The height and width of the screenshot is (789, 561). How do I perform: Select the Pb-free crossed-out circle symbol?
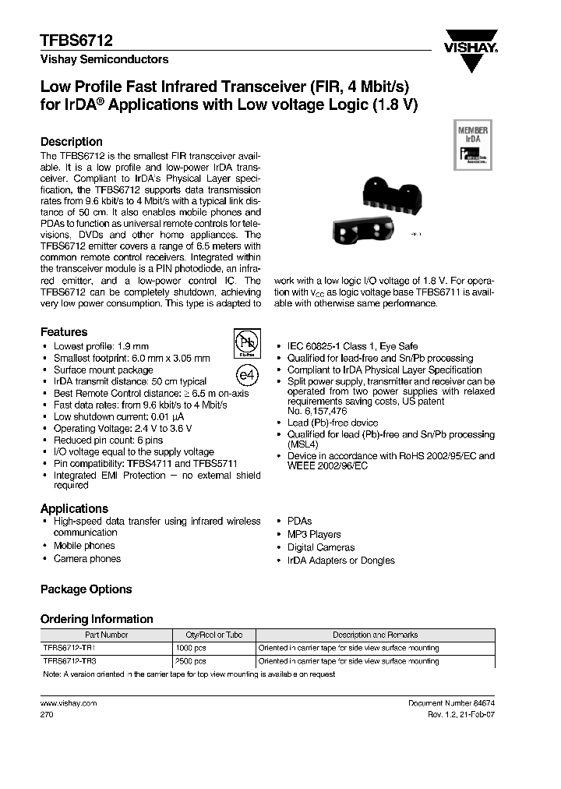click(246, 343)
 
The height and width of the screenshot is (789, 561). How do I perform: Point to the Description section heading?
click(71, 142)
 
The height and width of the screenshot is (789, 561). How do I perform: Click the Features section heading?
click(64, 332)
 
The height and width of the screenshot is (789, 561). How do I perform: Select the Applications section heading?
click(74, 509)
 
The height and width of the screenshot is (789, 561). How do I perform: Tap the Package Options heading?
click(86, 589)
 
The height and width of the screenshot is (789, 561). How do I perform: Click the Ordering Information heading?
click(97, 619)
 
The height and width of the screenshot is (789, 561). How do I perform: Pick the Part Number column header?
click(106, 635)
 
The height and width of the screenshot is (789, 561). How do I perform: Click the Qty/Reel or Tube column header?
click(212, 635)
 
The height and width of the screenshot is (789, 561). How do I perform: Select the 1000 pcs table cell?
click(192, 648)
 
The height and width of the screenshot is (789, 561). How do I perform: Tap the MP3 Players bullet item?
click(313, 534)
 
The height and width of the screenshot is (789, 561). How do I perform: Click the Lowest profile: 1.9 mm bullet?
click(101, 345)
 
